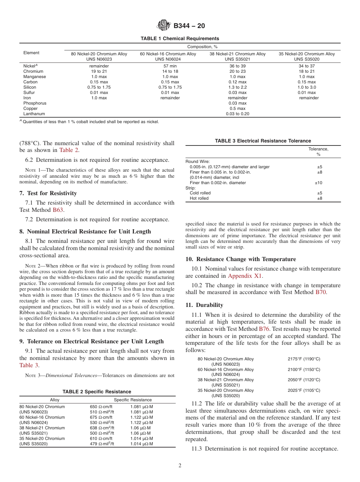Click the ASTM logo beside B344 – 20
click(164, 26)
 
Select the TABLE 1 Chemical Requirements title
click(180, 39)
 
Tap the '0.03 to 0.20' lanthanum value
click(237, 114)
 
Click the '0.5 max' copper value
click(237, 108)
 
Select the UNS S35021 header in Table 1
click(238, 59)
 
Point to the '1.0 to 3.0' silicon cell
click(307, 87)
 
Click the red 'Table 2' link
click(69, 150)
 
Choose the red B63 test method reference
click(58, 210)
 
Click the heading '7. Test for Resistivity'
click(48, 193)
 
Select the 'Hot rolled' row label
click(199, 198)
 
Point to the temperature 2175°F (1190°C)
click(304, 359)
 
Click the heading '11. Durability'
click(204, 305)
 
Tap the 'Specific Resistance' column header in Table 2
click(133, 400)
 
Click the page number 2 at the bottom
click(180, 466)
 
